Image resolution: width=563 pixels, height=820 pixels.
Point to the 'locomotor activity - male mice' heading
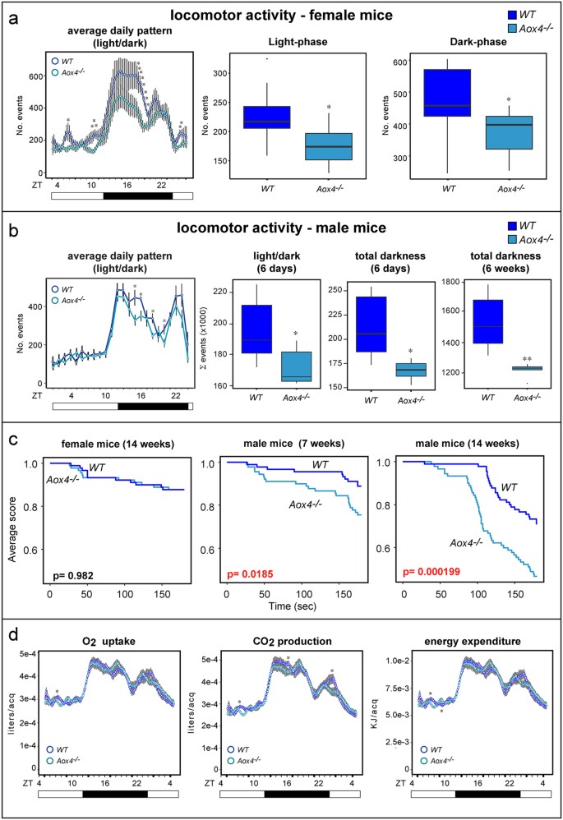click(281, 228)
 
